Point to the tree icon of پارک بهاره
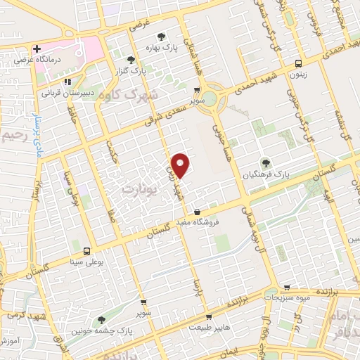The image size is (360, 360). pyautogui.click(x=162, y=36)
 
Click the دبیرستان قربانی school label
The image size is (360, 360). pyautogui.click(x=66, y=92)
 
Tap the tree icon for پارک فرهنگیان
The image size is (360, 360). pyautogui.click(x=266, y=162)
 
